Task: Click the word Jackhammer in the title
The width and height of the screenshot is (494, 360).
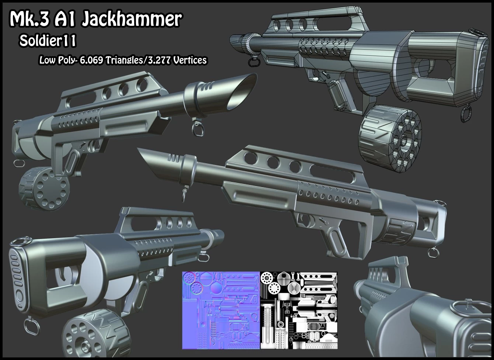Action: pyautogui.click(x=132, y=19)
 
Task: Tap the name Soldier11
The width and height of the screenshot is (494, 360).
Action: pyautogui.click(x=48, y=41)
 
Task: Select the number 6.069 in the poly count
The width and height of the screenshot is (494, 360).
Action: pyautogui.click(x=91, y=60)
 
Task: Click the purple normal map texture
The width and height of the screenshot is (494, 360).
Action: pyautogui.click(x=221, y=310)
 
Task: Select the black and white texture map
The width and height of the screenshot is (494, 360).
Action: pyautogui.click(x=299, y=310)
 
